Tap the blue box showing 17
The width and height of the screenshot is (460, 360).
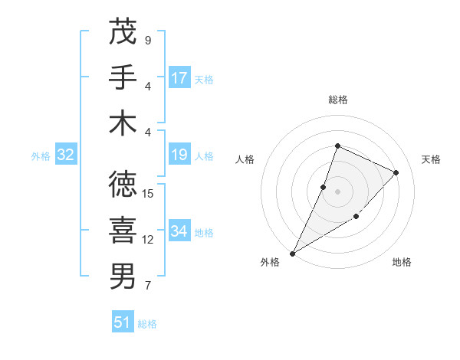(179, 78)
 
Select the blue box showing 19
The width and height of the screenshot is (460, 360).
(179, 155)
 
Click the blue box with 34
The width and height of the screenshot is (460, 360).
(179, 231)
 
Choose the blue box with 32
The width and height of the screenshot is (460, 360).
(66, 155)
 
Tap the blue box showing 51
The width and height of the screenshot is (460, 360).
(123, 322)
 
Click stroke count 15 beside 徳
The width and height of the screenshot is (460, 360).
(149, 194)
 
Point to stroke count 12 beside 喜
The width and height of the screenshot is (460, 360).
(149, 240)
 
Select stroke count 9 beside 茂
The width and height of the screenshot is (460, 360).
(148, 40)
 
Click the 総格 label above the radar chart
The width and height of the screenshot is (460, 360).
(337, 100)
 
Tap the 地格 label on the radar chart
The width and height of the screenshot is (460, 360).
(402, 262)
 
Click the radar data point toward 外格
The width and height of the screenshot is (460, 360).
(292, 254)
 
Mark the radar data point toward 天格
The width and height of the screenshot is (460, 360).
(396, 172)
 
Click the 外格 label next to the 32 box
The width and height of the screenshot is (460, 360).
(41, 156)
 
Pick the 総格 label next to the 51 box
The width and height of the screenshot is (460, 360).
(147, 324)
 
